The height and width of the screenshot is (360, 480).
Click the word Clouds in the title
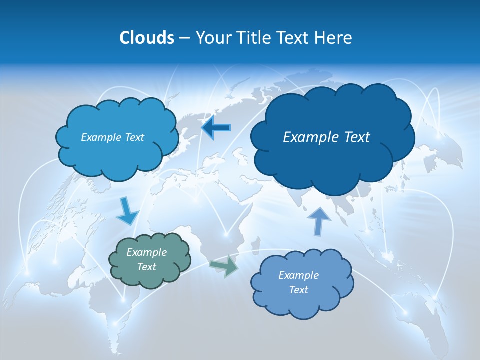tap(146, 38)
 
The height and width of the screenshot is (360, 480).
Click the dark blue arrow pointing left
tap(216, 128)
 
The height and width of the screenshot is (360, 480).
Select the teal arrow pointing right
tap(224, 266)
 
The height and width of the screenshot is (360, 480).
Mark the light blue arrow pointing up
tap(319, 220)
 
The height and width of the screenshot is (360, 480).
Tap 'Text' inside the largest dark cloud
tap(356, 137)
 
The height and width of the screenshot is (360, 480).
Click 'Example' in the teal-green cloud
tap(147, 252)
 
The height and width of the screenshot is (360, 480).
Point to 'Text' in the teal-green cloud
tap(147, 267)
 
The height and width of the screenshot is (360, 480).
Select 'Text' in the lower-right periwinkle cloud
tap(299, 290)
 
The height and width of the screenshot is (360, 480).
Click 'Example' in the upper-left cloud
tap(100, 137)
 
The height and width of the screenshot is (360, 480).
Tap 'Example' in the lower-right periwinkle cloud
tap(299, 275)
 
